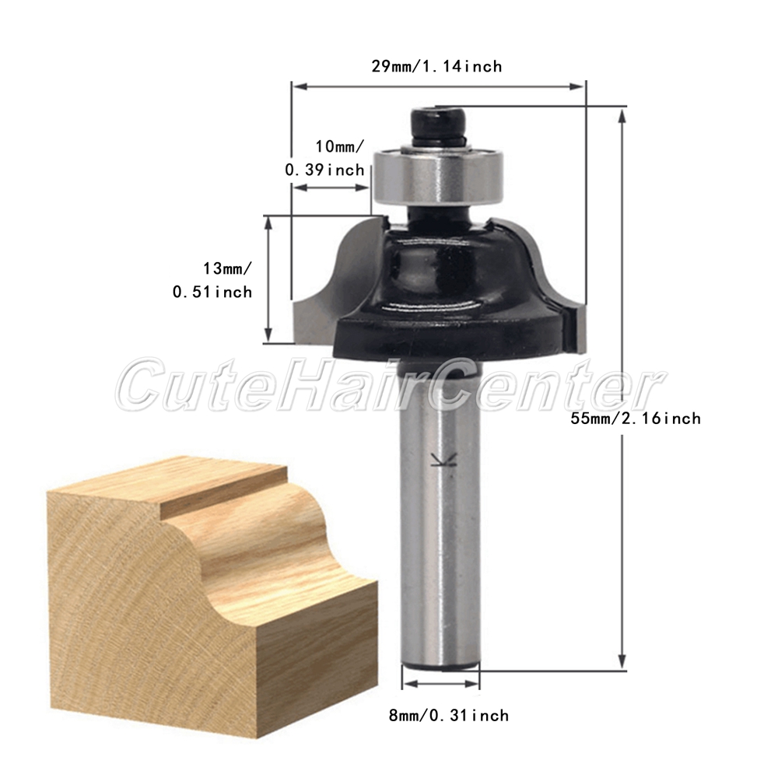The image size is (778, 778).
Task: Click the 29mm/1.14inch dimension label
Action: (436, 66)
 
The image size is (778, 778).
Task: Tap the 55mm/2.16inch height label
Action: (636, 419)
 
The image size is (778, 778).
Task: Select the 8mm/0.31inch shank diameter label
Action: (449, 716)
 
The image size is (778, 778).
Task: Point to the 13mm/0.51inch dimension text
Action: (212, 280)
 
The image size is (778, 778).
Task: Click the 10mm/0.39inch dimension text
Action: (325, 158)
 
